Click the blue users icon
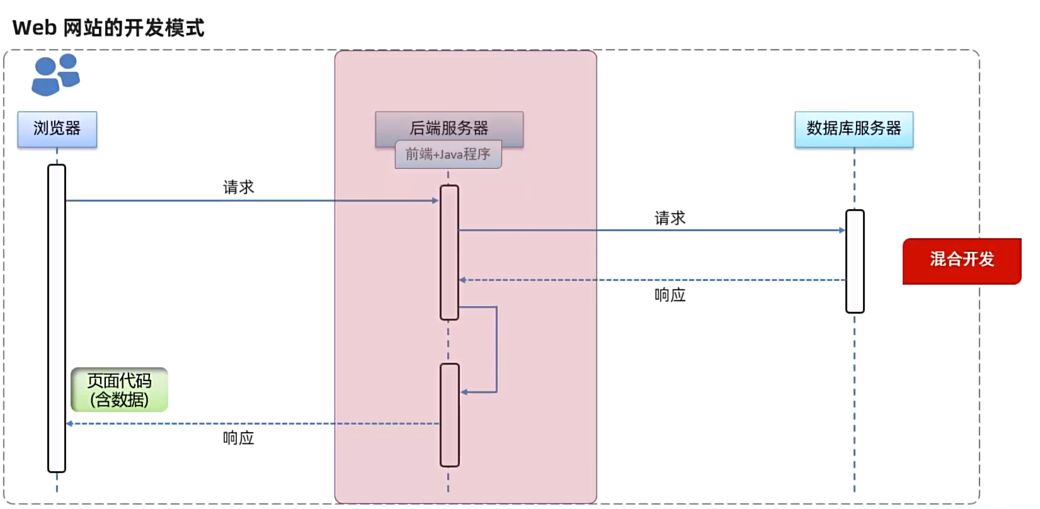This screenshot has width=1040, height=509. click(x=55, y=75)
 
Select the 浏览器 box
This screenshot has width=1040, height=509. click(x=57, y=129)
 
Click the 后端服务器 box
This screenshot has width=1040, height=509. click(x=449, y=126)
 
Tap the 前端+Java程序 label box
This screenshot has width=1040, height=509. click(x=448, y=154)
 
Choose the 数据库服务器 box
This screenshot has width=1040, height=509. click(x=854, y=129)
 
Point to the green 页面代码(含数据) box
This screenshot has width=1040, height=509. click(x=120, y=390)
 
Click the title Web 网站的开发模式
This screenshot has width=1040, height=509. click(x=108, y=28)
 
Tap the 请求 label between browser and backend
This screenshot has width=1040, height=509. click(x=238, y=187)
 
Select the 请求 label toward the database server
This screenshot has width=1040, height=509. click(x=670, y=218)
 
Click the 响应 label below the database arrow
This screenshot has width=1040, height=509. click(x=670, y=295)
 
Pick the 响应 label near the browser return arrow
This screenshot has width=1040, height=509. click(x=238, y=438)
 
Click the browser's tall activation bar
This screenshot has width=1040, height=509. click(x=57, y=318)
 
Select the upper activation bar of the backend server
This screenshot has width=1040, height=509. click(x=449, y=252)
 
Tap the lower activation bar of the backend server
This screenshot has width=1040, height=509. click(x=449, y=415)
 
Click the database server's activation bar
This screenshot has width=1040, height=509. click(x=854, y=261)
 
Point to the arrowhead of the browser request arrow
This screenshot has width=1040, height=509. click(x=435, y=200)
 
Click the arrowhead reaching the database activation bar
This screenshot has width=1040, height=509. click(x=842, y=231)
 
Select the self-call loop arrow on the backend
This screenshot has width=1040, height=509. click(x=496, y=350)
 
